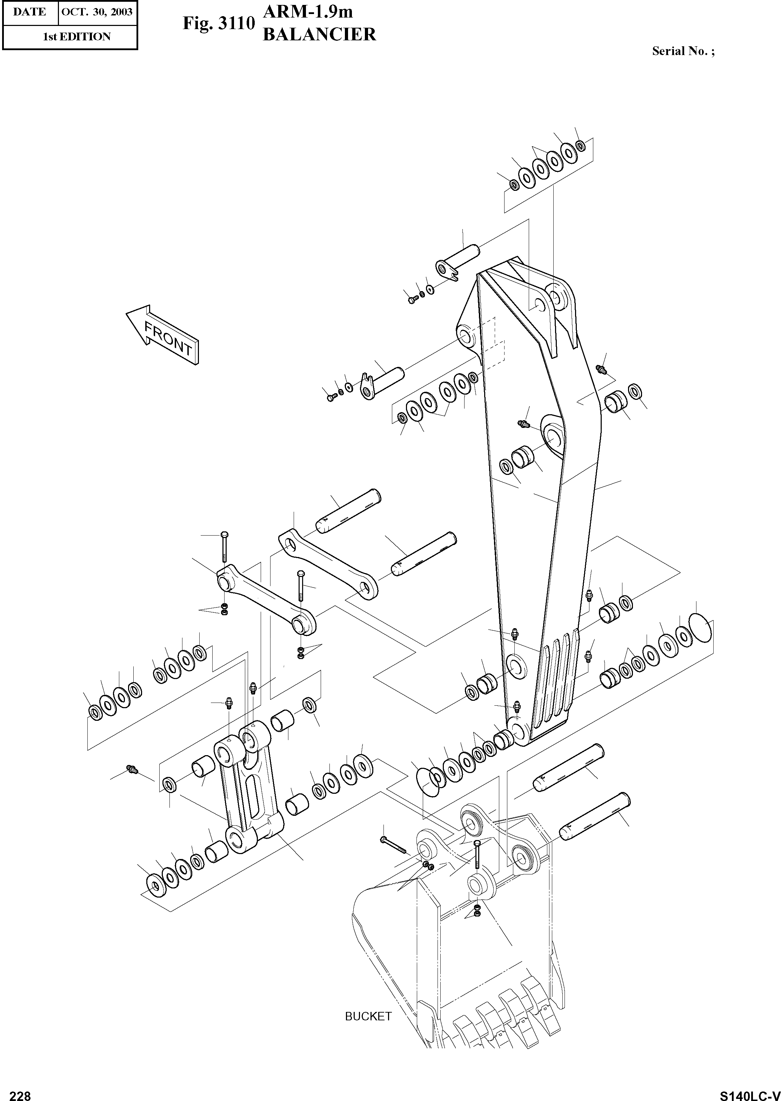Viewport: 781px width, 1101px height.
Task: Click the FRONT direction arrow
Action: [162, 334]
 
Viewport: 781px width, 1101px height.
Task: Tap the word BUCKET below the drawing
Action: [368, 1016]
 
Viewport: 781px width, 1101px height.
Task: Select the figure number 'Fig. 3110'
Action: [218, 24]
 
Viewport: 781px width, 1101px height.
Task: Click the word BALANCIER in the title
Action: [319, 35]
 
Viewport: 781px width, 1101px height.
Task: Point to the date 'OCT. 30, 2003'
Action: [97, 12]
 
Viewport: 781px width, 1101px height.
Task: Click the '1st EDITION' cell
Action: [77, 36]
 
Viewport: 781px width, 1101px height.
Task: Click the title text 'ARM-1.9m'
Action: [308, 12]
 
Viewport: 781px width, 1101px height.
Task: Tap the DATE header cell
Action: [30, 12]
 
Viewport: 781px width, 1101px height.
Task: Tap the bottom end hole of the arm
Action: [519, 730]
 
